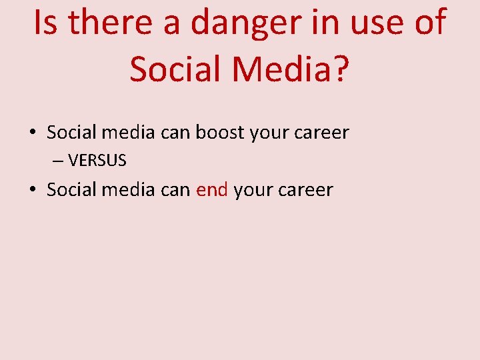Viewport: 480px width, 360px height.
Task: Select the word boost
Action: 220,133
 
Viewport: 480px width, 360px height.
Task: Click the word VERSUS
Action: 97,161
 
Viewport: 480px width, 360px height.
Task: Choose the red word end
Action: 212,190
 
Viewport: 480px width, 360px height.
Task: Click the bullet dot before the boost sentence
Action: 33,133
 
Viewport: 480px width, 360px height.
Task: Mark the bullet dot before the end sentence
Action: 33,190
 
